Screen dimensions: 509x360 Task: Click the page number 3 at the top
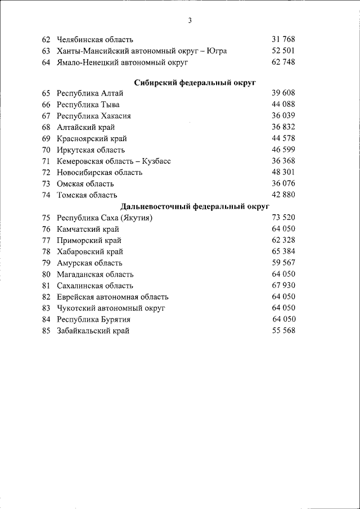point(190,21)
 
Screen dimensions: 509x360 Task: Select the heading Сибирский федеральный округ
point(195,83)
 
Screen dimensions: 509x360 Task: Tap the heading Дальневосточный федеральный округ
point(195,206)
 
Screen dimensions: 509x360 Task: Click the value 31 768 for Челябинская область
point(283,39)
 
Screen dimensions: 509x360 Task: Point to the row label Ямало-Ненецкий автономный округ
point(122,62)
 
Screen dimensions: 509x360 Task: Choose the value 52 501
point(283,51)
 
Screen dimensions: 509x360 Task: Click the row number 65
point(46,93)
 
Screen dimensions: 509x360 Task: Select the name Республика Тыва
point(88,105)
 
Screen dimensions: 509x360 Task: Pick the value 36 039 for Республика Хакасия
point(283,116)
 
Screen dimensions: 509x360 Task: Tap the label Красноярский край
point(92,138)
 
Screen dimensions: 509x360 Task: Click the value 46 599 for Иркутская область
point(283,150)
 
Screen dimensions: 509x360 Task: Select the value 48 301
point(283,172)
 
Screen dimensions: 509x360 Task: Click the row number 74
point(46,195)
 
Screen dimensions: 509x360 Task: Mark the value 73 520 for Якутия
point(283,218)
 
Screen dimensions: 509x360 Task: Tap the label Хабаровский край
point(89,251)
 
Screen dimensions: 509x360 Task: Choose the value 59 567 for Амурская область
point(283,263)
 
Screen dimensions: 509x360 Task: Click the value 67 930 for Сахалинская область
point(283,285)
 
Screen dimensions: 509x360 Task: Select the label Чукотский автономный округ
point(112,308)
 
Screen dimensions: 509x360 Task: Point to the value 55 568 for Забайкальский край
point(283,331)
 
